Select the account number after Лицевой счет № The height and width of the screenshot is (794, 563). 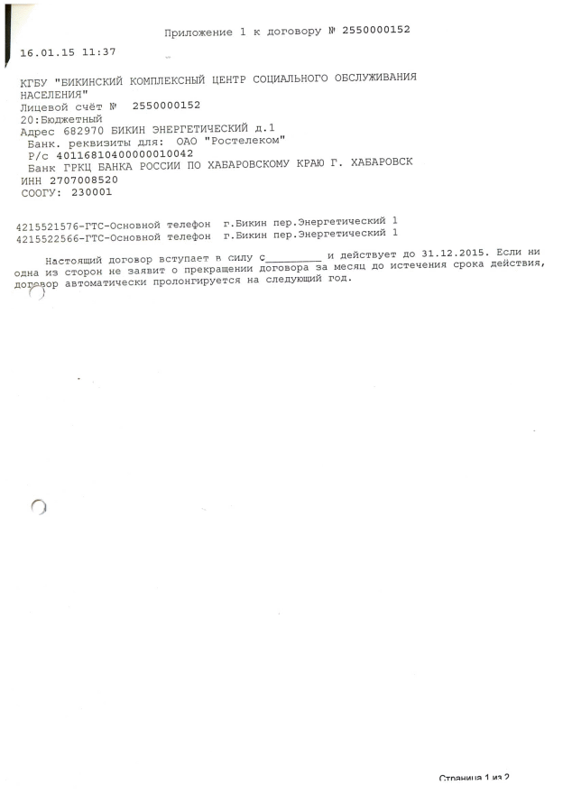(x=167, y=106)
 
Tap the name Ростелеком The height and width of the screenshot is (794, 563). (x=245, y=141)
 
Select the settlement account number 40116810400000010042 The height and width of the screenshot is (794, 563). (x=125, y=154)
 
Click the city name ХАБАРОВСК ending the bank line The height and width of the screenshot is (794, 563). (x=382, y=162)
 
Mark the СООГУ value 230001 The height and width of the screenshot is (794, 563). (x=92, y=192)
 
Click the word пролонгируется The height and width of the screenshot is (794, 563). (x=196, y=282)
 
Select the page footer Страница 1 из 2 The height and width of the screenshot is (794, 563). (x=475, y=778)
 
